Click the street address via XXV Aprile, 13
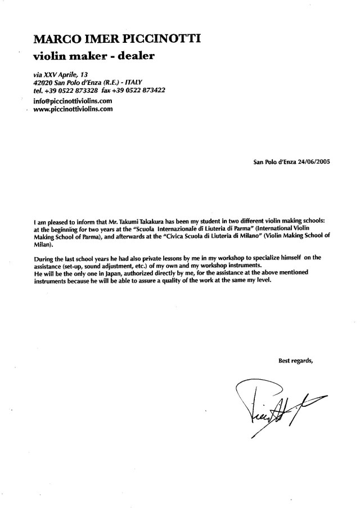click(x=61, y=74)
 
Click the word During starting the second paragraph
click(x=44, y=258)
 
